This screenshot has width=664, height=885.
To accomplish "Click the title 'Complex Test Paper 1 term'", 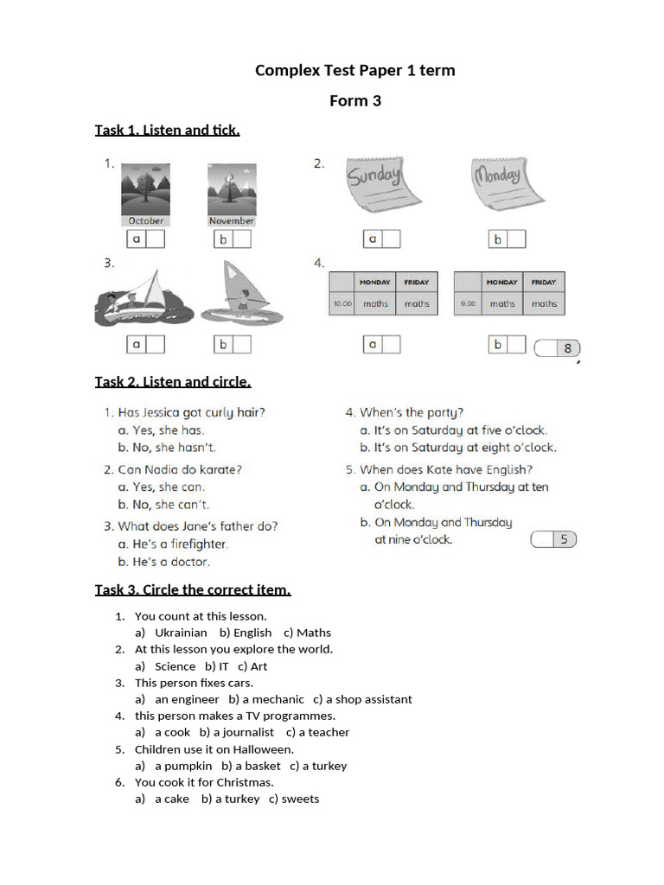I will pyautogui.click(x=354, y=70).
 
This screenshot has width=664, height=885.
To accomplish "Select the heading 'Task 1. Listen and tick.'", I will pyautogui.click(x=167, y=131).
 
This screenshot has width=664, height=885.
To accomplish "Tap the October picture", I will pyautogui.click(x=145, y=192).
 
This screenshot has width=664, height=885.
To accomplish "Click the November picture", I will pyautogui.click(x=231, y=192).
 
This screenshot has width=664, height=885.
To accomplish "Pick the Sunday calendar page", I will pyautogui.click(x=373, y=185).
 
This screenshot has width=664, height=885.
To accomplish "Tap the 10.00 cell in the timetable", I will pyautogui.click(x=342, y=304).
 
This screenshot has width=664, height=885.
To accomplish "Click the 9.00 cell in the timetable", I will pyautogui.click(x=468, y=304).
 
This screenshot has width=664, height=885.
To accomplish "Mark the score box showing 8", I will pyautogui.click(x=558, y=348).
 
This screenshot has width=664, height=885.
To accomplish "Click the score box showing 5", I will pyautogui.click(x=553, y=539).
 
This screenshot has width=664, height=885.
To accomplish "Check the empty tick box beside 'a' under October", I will pyautogui.click(x=155, y=239).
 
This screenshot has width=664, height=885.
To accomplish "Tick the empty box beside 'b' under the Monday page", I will pyautogui.click(x=515, y=239).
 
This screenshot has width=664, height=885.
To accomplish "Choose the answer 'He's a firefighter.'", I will pyautogui.click(x=180, y=544).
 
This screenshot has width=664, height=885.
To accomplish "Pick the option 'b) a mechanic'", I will pyautogui.click(x=266, y=699).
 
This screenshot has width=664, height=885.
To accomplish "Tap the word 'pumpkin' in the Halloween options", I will pyautogui.click(x=183, y=766).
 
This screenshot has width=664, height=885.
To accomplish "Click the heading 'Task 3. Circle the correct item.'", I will pyautogui.click(x=193, y=590).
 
